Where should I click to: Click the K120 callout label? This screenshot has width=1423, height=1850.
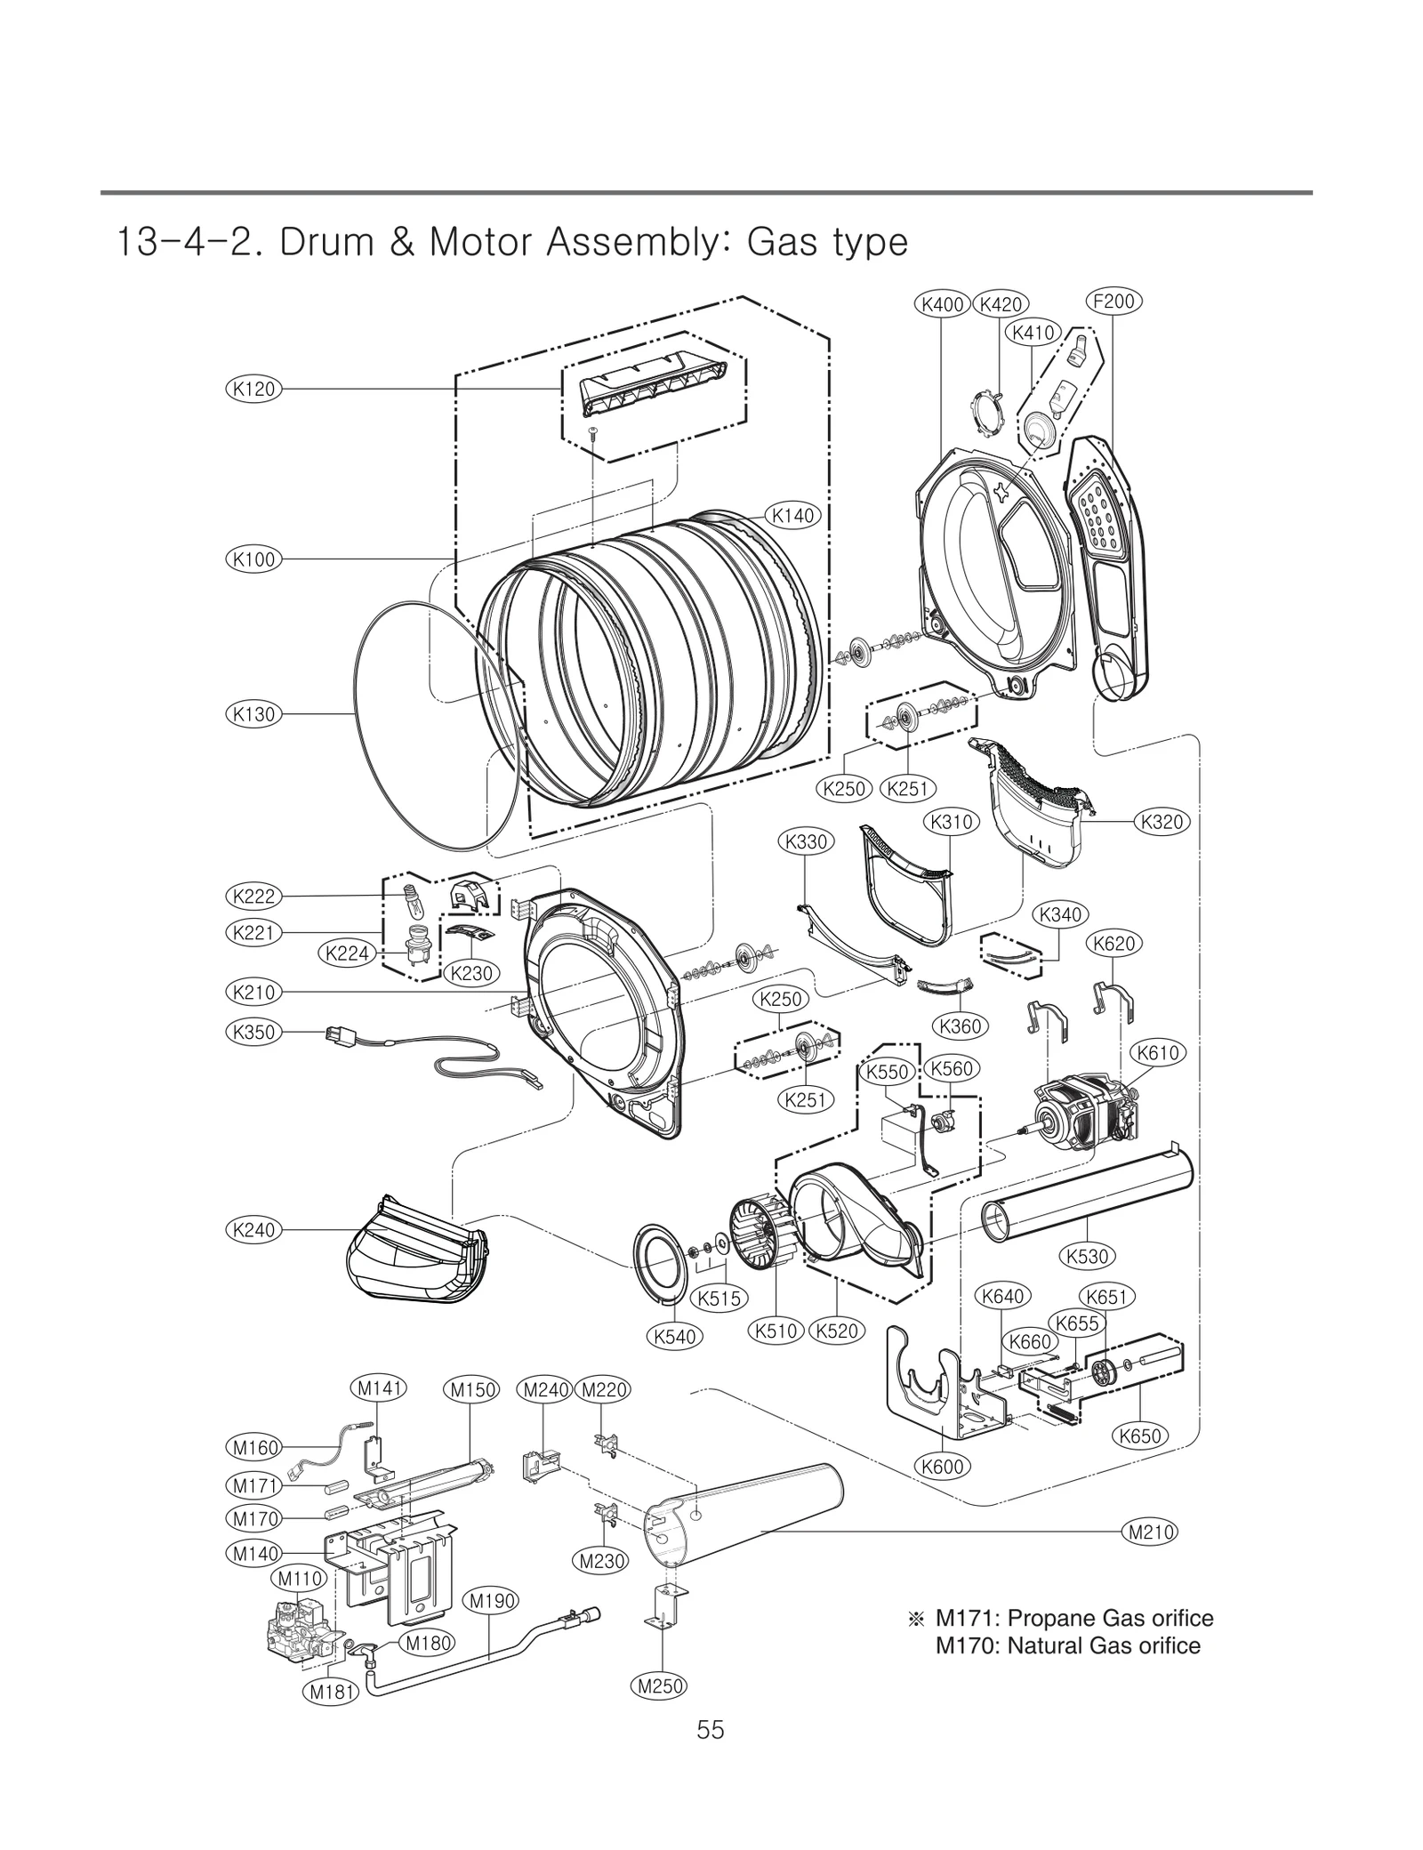click(253, 389)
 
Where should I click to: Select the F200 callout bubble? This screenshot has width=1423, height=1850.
click(1113, 302)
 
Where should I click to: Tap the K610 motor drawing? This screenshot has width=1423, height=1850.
click(1081, 1117)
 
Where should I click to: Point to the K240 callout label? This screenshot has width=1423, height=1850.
click(253, 1230)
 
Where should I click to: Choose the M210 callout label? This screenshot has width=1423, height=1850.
click(1151, 1532)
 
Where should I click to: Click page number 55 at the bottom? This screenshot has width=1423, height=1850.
click(711, 1755)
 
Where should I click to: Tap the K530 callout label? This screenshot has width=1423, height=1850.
click(1087, 1256)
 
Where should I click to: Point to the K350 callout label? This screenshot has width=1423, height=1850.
click(253, 1032)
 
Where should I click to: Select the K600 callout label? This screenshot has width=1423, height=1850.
click(942, 1467)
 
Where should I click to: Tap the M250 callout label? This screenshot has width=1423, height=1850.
click(661, 1685)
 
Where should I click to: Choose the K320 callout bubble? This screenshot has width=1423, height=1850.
click(1163, 822)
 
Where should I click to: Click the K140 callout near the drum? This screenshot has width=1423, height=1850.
click(792, 515)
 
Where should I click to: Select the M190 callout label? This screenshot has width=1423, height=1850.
click(492, 1601)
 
